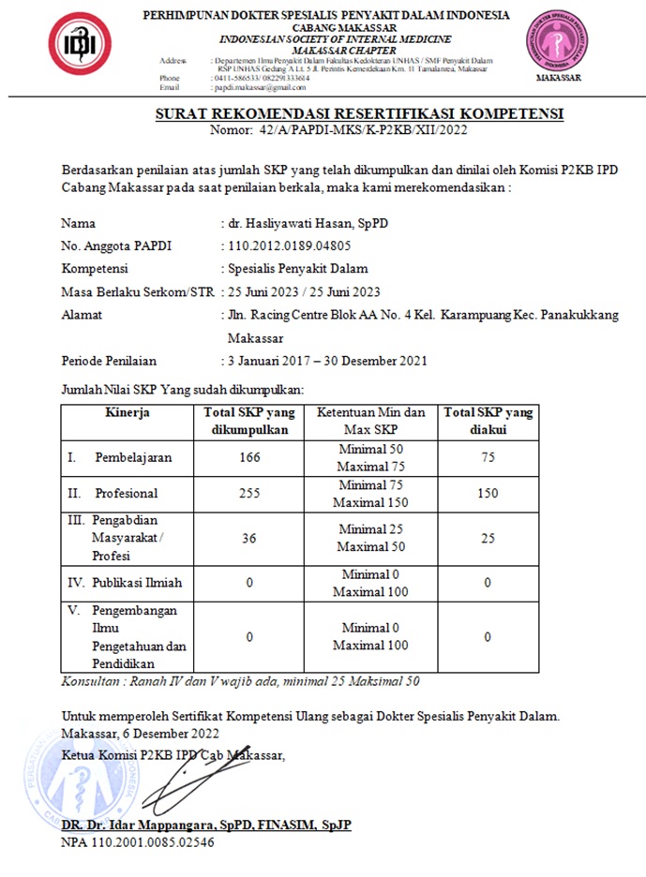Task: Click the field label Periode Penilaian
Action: [109, 360]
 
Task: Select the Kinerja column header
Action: [128, 412]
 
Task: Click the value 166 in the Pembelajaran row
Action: [249, 457]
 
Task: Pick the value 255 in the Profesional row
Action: [249, 494]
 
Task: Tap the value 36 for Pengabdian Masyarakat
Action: [249, 538]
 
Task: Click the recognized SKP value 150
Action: [487, 494]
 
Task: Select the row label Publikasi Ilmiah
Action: [137, 583]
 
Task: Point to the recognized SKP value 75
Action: [487, 457]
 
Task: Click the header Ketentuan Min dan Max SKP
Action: [370, 421]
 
